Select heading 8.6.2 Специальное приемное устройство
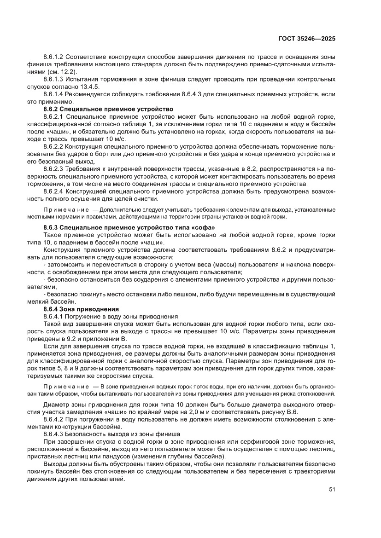tap(108, 109)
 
